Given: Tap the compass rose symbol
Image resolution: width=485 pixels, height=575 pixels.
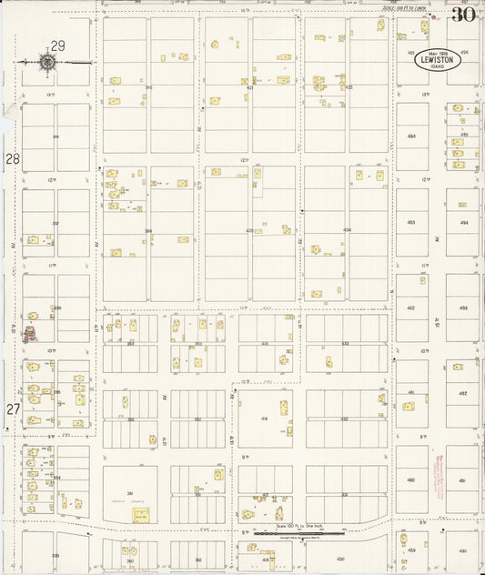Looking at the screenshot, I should click(47, 62).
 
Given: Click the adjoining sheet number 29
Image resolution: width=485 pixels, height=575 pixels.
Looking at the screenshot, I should click(58, 45).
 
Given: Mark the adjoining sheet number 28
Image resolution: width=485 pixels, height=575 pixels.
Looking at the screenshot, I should click(13, 159).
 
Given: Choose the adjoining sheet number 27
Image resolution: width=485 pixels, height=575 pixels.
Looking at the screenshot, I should click(13, 409).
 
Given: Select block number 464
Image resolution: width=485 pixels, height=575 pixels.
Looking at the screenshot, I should click(411, 136).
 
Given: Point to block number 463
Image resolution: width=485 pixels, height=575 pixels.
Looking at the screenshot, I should click(411, 222).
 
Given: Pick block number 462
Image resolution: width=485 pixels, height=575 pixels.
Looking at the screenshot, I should click(411, 308).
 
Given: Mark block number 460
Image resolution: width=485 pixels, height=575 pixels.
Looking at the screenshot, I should click(411, 480).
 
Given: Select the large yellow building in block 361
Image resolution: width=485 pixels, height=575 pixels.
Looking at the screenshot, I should click(141, 515).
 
